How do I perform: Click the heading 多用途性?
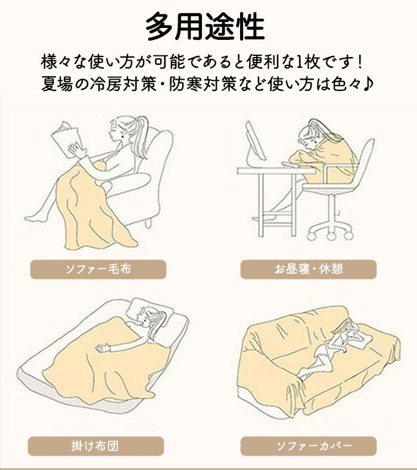pos(206,26)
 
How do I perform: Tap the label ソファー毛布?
pos(98,269)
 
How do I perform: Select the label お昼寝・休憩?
pos(309,269)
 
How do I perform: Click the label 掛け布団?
pos(96,446)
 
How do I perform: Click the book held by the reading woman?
pos(66,139)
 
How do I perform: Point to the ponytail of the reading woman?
pos(141,135)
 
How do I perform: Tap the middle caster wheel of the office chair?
pos(331,236)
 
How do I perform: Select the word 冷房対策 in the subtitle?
pos(123,84)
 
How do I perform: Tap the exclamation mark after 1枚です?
pos(360,62)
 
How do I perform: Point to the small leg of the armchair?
pos(148,223)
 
